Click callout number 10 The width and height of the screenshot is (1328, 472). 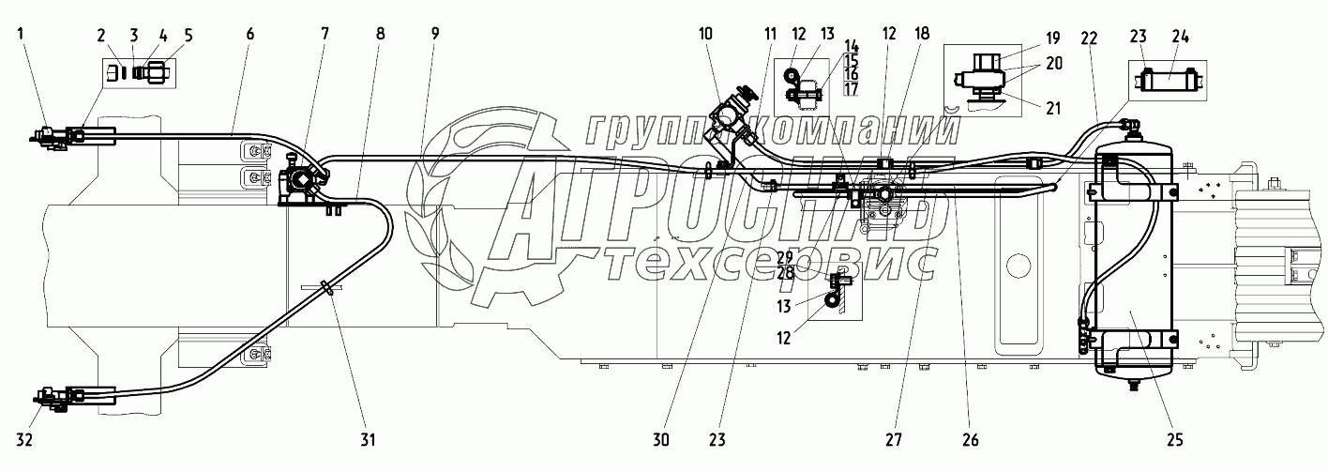[x=705, y=33]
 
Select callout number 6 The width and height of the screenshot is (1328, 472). [x=249, y=33]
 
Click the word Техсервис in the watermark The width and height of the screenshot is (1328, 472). [x=769, y=266]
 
